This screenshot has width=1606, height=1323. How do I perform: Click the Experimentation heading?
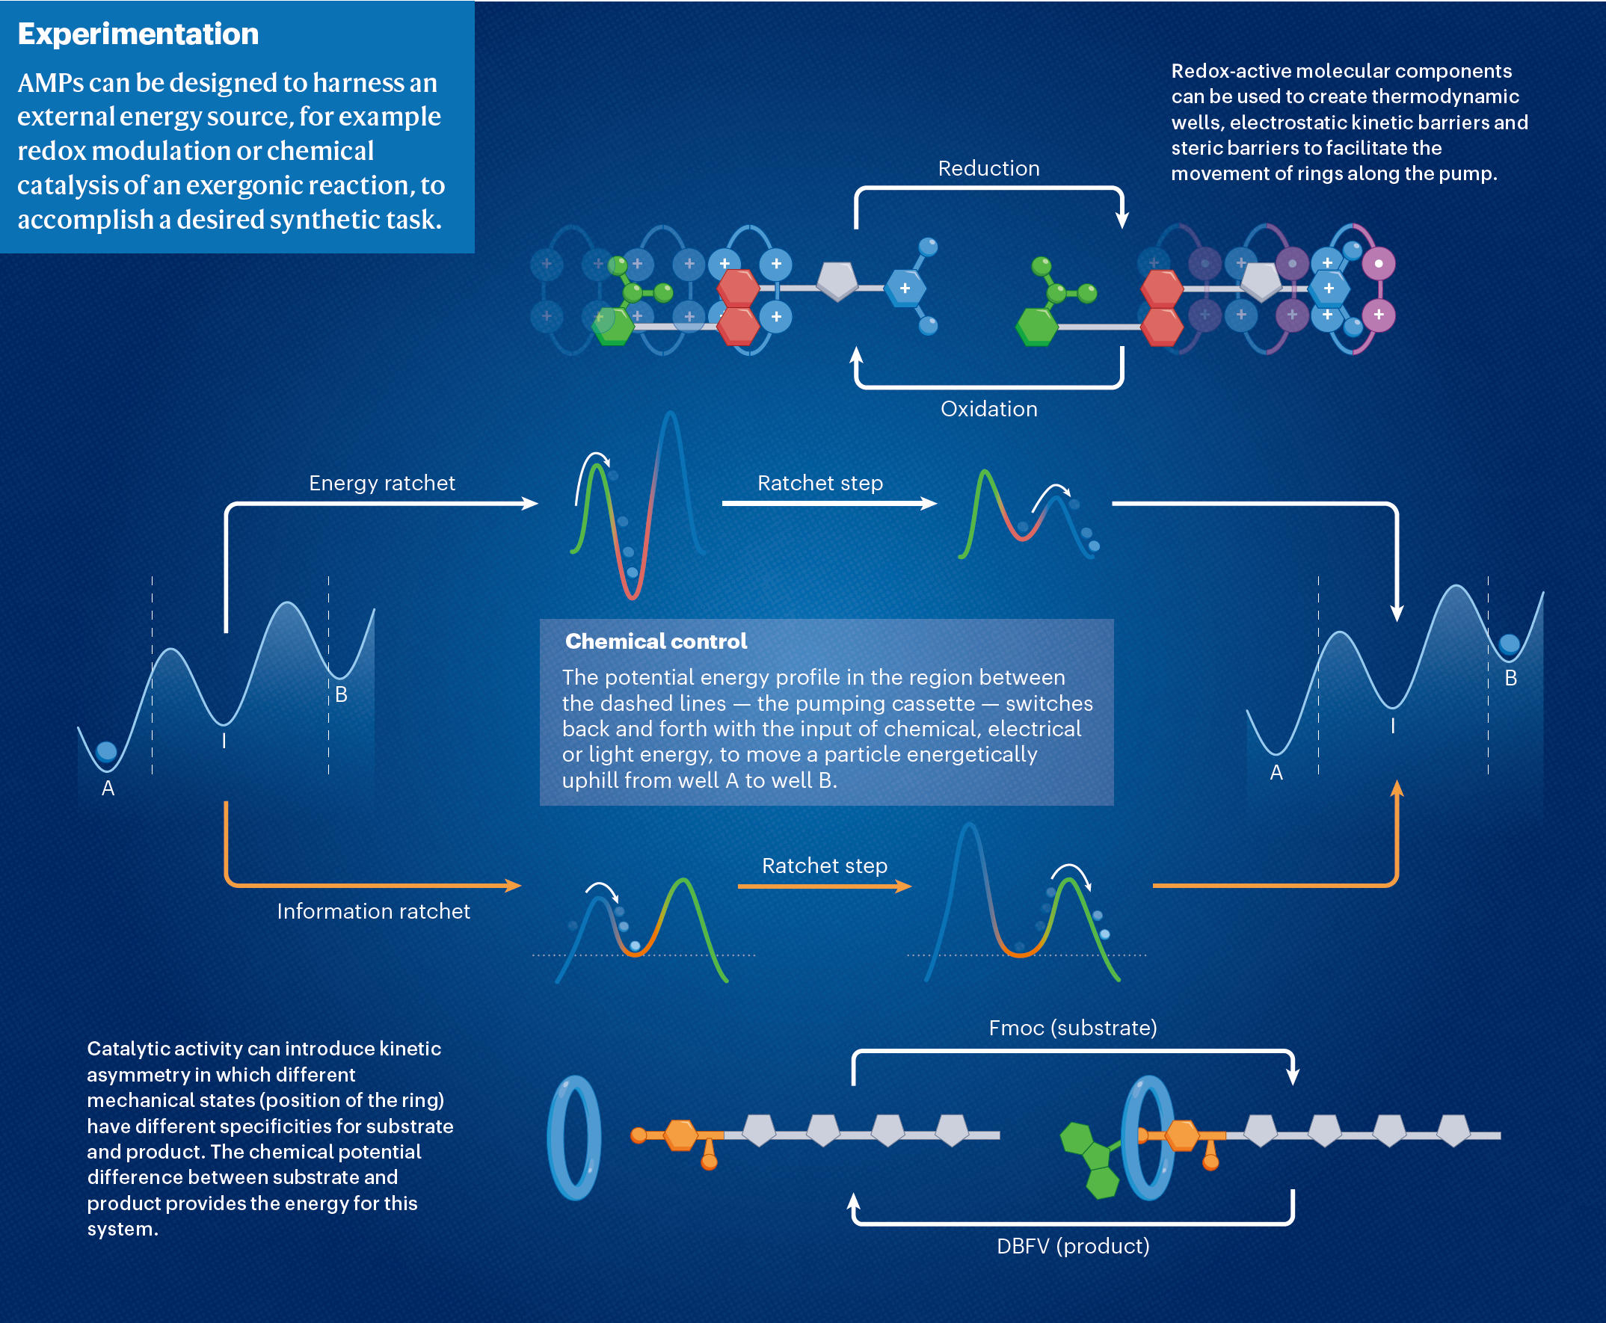[x=138, y=34]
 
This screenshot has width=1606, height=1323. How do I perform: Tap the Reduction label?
[x=988, y=168]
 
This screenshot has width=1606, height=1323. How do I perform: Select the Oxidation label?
[x=988, y=410]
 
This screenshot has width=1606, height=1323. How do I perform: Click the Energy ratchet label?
[x=382, y=483]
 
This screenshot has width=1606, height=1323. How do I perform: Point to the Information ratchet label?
[x=374, y=911]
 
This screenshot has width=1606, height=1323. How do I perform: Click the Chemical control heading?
[x=656, y=641]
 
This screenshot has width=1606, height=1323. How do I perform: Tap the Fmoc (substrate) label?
[x=1072, y=1028]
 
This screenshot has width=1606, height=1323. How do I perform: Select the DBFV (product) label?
[x=1072, y=1246]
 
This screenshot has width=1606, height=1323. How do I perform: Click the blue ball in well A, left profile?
[x=107, y=751]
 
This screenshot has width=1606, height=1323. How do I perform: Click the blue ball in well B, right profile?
[x=1510, y=644]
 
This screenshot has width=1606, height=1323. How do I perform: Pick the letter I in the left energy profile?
[x=224, y=741]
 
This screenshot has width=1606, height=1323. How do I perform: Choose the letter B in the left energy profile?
[x=342, y=695]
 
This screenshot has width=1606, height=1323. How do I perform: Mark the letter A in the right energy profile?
[x=1276, y=773]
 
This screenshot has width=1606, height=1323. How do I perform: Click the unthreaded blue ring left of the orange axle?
[x=575, y=1138]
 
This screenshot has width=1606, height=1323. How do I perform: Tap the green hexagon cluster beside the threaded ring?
[x=1091, y=1159]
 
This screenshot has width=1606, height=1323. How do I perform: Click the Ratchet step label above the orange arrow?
[x=825, y=866]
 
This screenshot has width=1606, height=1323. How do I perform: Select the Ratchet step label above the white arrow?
[x=820, y=483]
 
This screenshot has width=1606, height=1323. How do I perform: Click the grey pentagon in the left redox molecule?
[x=837, y=280]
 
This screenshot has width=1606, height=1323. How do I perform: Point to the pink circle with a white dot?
[x=1378, y=264]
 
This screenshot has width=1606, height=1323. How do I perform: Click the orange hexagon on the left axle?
[x=680, y=1135]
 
